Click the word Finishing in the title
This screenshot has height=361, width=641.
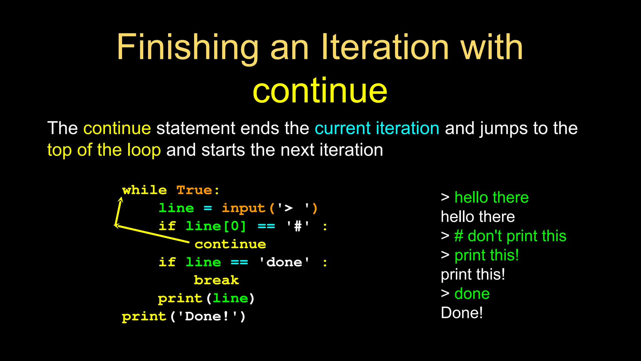tap(187, 48)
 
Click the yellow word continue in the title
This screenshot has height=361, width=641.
tap(320, 91)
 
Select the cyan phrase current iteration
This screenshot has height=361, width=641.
tap(377, 128)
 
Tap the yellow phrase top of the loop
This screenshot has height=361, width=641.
tap(104, 150)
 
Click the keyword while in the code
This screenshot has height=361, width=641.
tap(144, 190)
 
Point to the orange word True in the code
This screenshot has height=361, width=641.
tap(194, 190)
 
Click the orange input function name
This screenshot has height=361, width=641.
tap(244, 208)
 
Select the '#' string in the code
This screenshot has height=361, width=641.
tap(298, 226)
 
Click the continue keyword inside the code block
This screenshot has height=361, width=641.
tap(230, 244)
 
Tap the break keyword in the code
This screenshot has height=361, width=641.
tap(216, 280)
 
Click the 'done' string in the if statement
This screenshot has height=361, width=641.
tap(284, 262)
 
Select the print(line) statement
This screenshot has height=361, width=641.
tap(206, 298)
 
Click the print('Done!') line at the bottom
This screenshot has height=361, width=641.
tap(184, 317)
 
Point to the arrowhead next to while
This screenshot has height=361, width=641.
tap(121, 199)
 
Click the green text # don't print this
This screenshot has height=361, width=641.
tap(510, 236)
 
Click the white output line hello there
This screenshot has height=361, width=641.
tap(478, 217)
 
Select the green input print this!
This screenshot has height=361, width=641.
tap(486, 255)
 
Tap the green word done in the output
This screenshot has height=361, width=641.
tap(472, 294)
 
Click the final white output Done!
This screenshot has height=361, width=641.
tap(462, 313)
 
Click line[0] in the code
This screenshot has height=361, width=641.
tap(216, 226)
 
